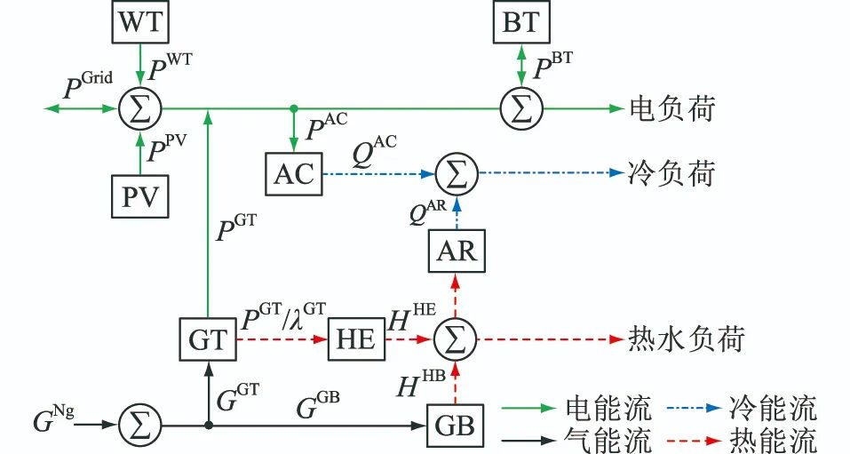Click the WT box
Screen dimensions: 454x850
pos(140,21)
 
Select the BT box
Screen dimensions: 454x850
pos(521,21)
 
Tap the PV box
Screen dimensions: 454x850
pos(140,196)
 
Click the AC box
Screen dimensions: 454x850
pos(293,173)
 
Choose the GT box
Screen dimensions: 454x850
pos(208,339)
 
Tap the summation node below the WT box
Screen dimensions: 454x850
pos(140,109)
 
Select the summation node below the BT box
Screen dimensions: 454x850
pos(521,109)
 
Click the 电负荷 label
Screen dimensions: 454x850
pos(671,109)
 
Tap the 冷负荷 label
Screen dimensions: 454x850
pos(671,173)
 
